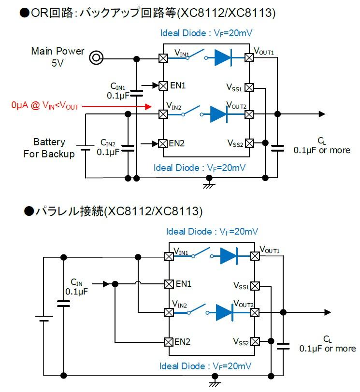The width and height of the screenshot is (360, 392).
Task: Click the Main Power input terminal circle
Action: point(96,58)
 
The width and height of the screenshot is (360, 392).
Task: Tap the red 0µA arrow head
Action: point(148,107)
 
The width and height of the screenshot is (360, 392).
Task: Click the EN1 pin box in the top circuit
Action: point(163,86)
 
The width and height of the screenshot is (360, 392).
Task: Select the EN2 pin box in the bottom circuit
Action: point(169,342)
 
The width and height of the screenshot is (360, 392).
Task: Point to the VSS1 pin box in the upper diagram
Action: point(249,88)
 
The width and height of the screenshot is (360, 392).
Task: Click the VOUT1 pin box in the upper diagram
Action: point(249,58)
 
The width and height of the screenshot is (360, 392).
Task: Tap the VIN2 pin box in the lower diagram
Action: point(169,312)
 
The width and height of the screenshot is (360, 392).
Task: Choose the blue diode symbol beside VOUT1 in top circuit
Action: point(223,58)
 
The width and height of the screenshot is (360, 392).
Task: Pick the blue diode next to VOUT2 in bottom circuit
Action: point(225,312)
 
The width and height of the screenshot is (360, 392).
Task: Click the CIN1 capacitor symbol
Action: point(137,93)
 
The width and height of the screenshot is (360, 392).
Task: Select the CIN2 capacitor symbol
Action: point(128,148)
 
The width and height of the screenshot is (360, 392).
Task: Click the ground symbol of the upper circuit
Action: point(209,184)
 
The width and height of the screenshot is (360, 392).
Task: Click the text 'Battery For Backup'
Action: point(49,148)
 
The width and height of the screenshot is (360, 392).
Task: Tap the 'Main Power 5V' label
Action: point(58,57)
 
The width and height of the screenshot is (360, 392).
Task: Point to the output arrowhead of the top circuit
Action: point(322,114)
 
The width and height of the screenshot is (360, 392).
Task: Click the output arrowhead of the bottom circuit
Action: point(328,312)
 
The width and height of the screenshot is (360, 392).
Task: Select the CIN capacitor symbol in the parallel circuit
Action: point(64,304)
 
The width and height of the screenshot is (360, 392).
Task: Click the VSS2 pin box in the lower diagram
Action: point(255,341)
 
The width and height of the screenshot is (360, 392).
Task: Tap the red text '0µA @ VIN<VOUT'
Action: point(45,105)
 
